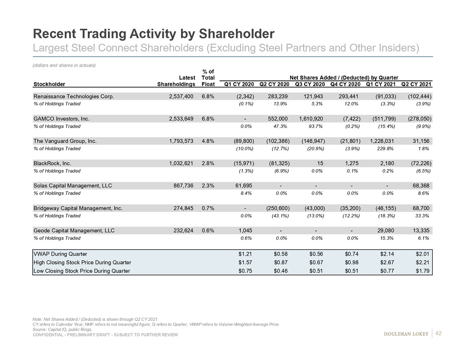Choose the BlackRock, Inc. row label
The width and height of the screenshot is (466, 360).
coord(55,163)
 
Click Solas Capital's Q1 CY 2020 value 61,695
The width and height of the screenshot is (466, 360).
coord(244,185)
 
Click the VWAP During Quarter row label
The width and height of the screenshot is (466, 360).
coord(60,254)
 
